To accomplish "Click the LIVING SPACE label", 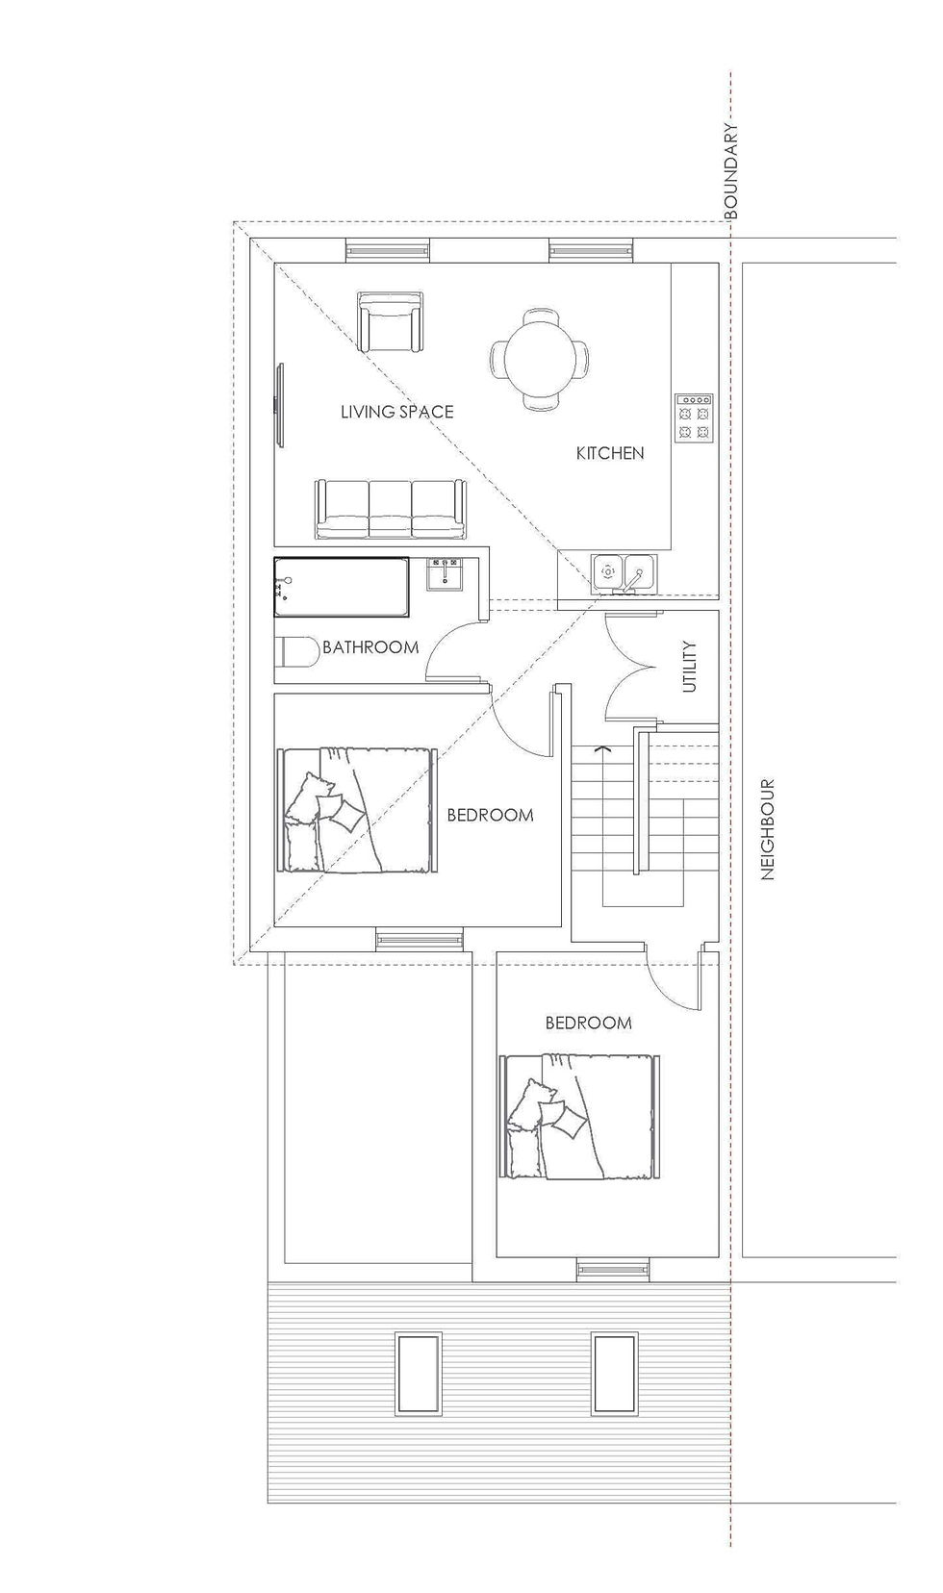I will point(396,412).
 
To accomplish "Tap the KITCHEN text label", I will point(610,453).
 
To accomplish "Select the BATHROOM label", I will point(370,647).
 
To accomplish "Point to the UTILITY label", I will point(689,667).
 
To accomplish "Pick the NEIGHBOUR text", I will point(768,829).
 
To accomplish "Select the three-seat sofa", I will point(390,510).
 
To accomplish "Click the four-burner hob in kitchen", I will point(694,417).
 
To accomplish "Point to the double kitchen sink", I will point(624,574).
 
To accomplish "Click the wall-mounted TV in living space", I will point(280,404).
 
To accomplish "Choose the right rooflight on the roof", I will point(615,1373).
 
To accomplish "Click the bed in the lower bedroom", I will point(580,1117).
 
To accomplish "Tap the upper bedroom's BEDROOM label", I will point(490,816).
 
